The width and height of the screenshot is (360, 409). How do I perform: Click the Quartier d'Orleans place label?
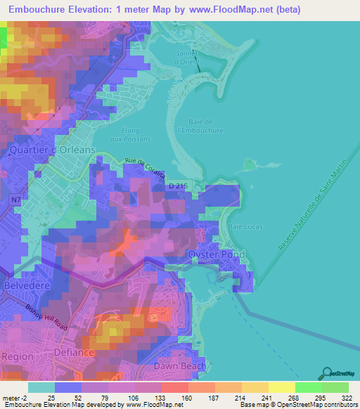(x=47, y=150)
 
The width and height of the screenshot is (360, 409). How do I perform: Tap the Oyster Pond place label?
(x=215, y=254)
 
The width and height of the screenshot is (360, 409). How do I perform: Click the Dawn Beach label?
(x=181, y=366)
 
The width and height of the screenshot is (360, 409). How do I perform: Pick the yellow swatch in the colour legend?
(x=282, y=388)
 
